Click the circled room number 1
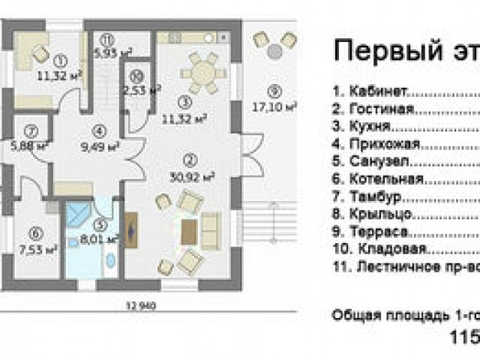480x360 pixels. point(61,60)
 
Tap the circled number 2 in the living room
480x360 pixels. point(189,159)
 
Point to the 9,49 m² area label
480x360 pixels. point(99,147)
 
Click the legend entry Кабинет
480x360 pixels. point(371,91)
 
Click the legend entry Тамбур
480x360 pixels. point(370,197)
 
